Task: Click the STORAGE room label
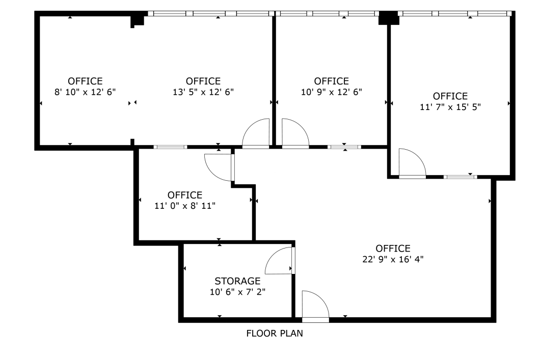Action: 237,281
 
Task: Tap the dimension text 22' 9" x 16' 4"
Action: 392,259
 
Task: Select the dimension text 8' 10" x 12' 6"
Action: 85,92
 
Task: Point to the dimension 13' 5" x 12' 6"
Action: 203,92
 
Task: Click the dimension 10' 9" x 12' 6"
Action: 331,92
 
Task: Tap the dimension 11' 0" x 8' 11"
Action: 185,206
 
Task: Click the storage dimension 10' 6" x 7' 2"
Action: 237,292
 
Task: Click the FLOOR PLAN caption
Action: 275,334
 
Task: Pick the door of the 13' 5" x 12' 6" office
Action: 256,134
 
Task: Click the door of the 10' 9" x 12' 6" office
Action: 295,134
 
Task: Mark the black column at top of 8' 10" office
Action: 137,20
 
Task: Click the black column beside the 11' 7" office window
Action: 388,18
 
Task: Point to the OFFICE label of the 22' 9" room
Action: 393,248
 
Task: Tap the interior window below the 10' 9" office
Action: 344,147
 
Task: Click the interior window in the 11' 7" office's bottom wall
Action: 460,177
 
